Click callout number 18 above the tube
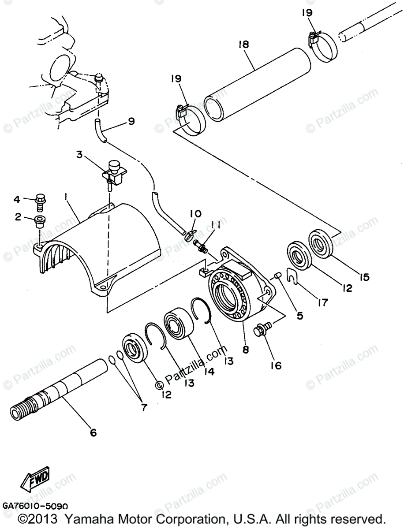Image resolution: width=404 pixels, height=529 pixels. [x=243, y=44]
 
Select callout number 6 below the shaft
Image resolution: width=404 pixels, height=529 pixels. [x=93, y=432]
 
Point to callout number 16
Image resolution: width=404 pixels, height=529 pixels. [x=276, y=365]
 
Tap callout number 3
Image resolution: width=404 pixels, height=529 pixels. [x=79, y=154]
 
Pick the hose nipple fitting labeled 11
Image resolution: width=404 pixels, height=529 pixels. [x=202, y=246]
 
